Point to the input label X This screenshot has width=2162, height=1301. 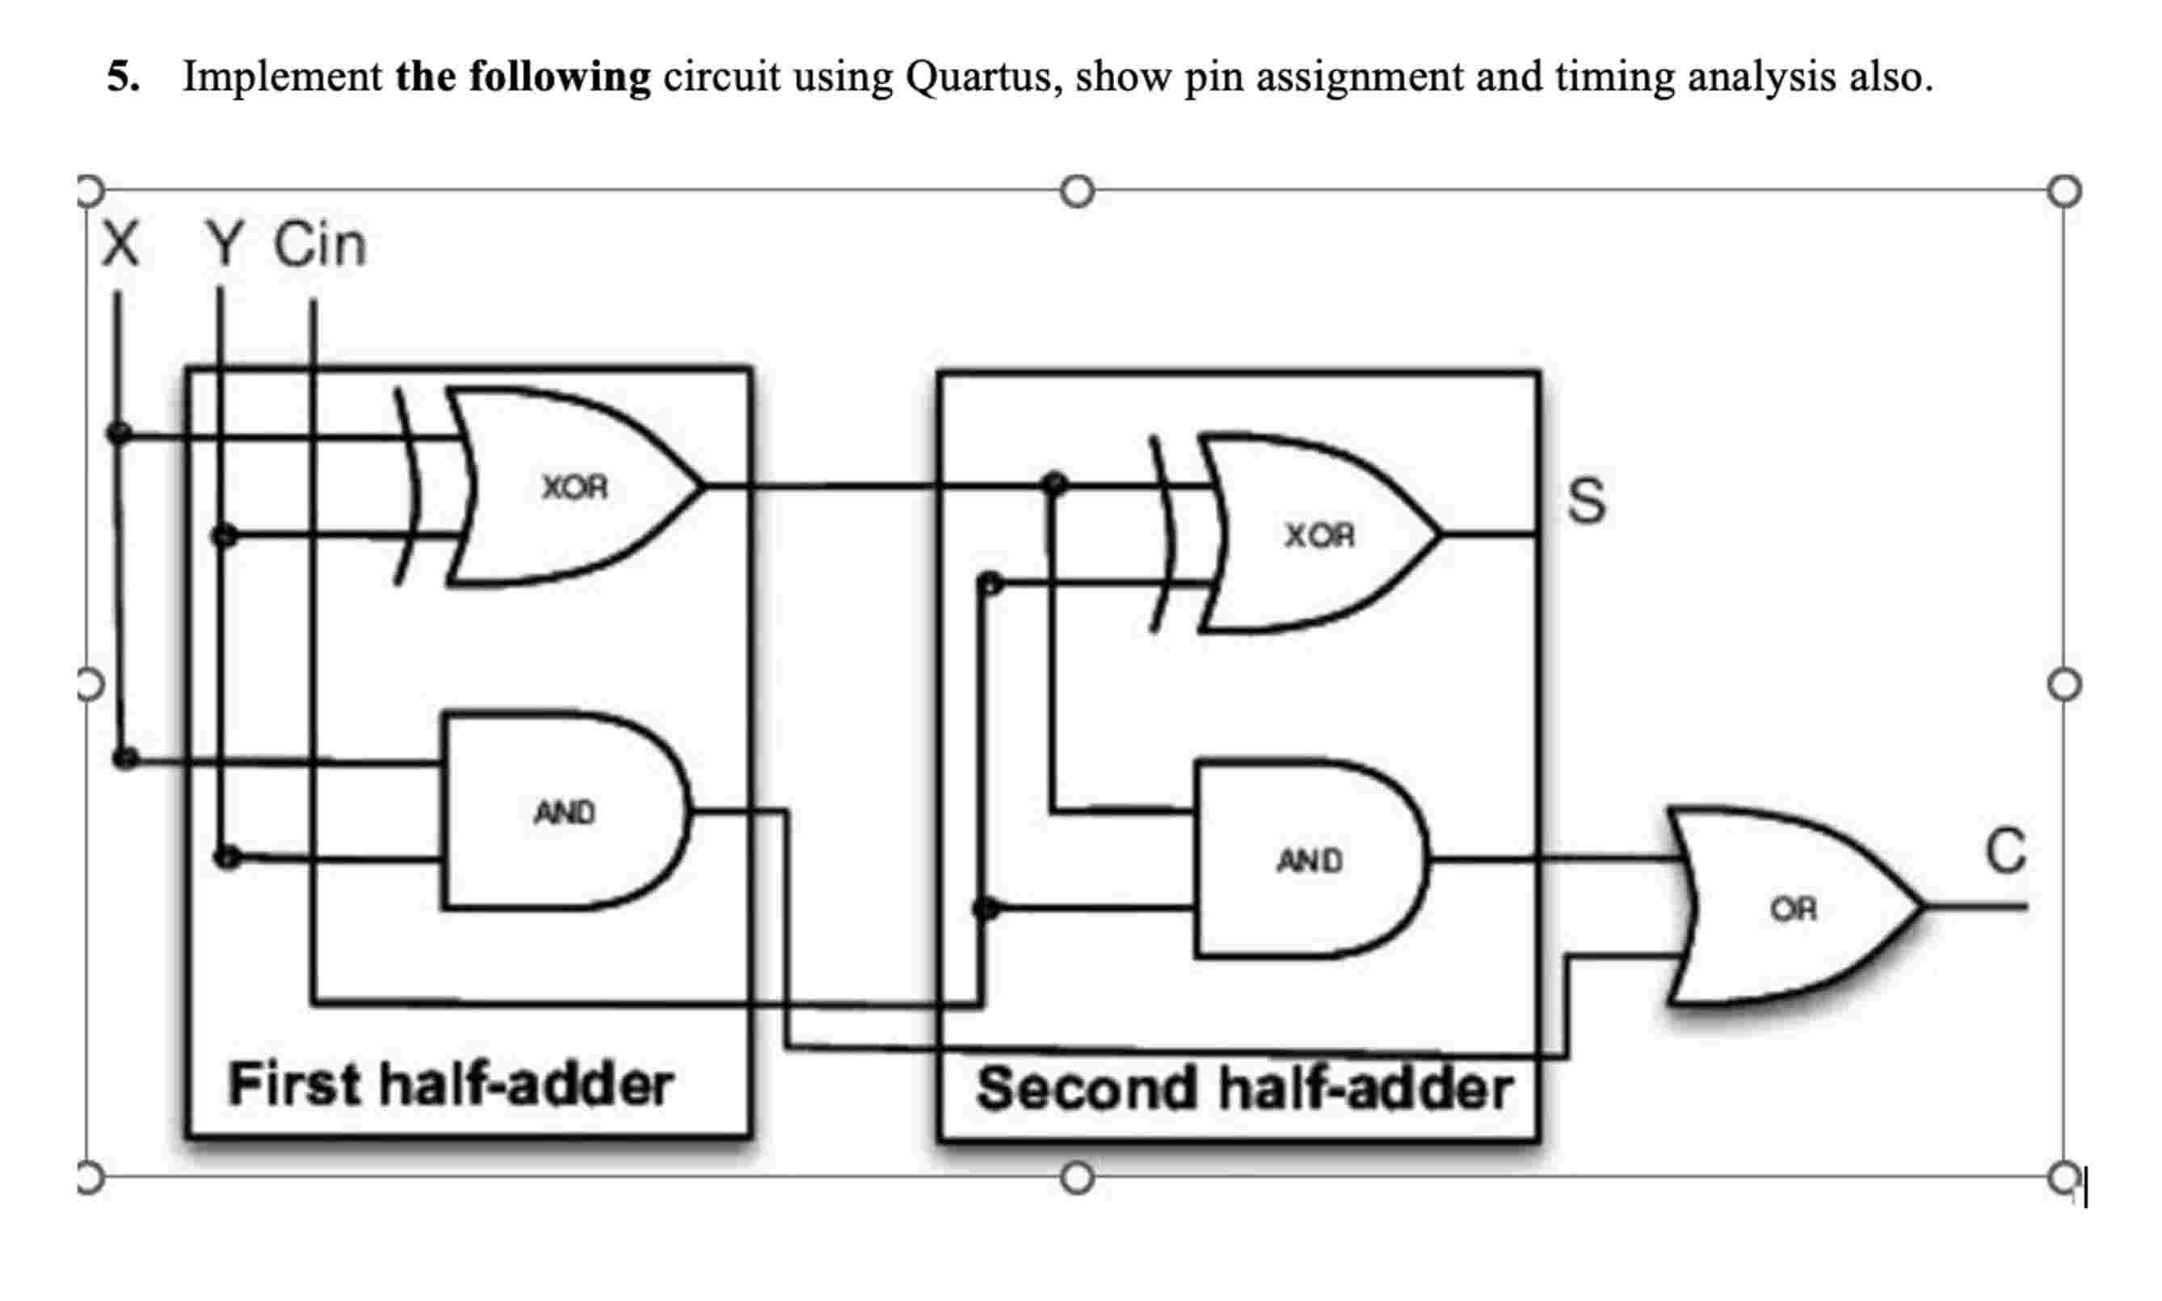coord(120,243)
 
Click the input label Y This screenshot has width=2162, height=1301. coord(224,243)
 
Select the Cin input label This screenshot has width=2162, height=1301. coord(319,245)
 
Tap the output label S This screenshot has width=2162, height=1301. coord(1586,501)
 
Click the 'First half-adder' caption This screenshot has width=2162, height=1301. coord(450,1085)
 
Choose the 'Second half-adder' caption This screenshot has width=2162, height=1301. coord(1243,1089)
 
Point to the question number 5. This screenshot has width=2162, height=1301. coord(122,78)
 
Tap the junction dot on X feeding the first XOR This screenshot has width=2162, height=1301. coord(119,432)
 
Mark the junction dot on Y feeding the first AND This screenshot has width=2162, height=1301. coord(227,857)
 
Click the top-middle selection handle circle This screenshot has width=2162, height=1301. coord(1076,191)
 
